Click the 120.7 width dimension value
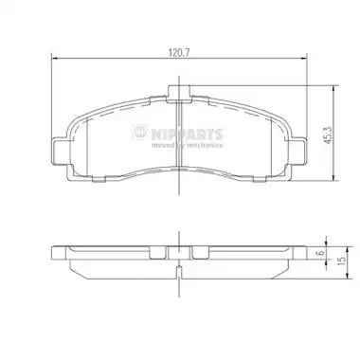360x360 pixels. pos(179,53)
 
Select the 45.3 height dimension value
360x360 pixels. pos(328,135)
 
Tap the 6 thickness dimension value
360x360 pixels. pos(320,253)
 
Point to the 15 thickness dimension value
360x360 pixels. pos(341,261)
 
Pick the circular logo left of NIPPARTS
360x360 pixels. pos(139,132)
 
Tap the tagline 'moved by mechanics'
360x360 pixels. pos(187,145)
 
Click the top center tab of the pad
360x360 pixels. pos(179,94)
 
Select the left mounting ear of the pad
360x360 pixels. pos(59,152)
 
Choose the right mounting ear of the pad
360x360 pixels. pos(298,152)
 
